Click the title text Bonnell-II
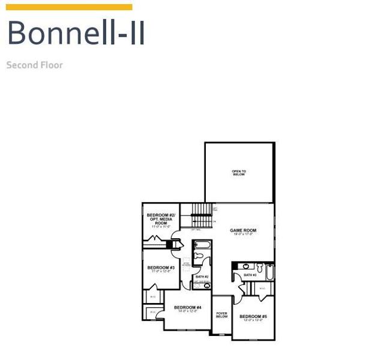click(x=76, y=33)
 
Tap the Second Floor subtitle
click(x=34, y=65)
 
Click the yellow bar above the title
click(x=68, y=7)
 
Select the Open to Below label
click(x=239, y=173)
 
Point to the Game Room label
click(x=243, y=230)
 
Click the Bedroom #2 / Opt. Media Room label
click(x=161, y=218)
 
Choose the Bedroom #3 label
click(x=161, y=268)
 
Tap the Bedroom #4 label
click(x=188, y=308)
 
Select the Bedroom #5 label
click(x=253, y=316)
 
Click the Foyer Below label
click(x=222, y=315)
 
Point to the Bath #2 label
click(x=202, y=277)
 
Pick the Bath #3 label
click(x=250, y=275)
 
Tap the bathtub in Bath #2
click(x=202, y=245)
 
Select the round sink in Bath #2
click(x=207, y=286)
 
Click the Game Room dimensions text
click(x=243, y=235)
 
